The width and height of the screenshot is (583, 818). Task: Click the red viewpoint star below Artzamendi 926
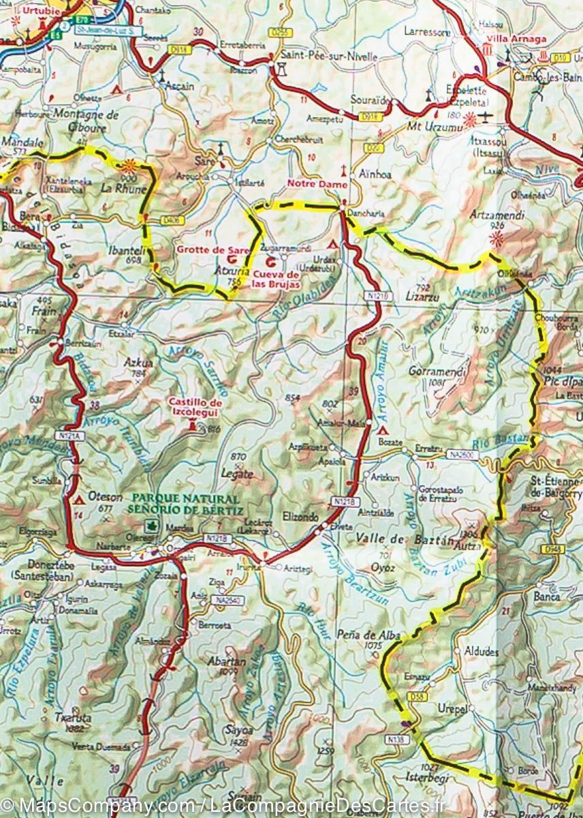(498, 238)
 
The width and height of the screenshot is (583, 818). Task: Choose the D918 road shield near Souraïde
(371, 117)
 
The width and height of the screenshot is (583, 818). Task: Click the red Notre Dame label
(317, 184)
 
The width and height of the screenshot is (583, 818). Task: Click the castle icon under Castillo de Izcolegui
(193, 427)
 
